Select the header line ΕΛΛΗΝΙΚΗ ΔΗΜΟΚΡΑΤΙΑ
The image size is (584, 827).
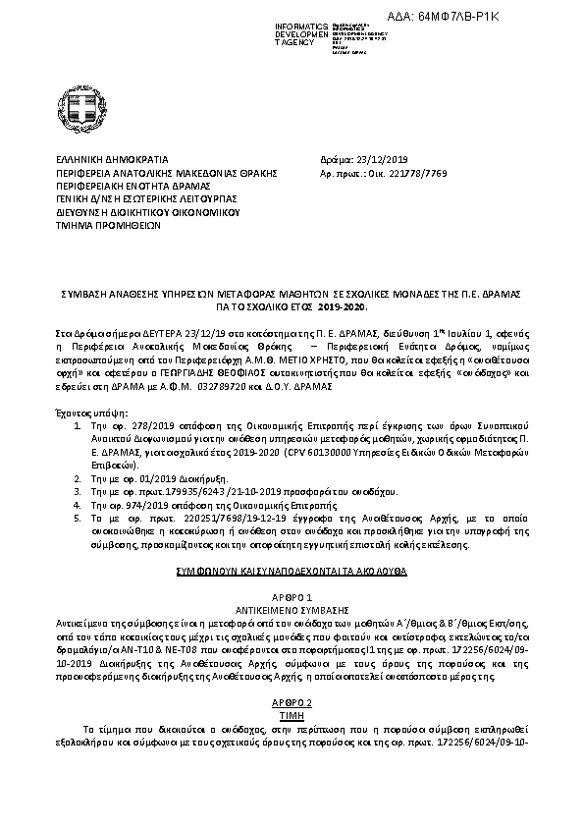tap(112, 158)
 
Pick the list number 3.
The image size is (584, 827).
tap(77, 489)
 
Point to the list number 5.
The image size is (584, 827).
tap(77, 517)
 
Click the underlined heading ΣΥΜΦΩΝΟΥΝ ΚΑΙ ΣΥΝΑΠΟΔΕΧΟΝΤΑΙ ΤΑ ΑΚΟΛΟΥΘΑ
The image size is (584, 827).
tap(292, 570)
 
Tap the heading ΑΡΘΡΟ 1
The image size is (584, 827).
tap(292, 597)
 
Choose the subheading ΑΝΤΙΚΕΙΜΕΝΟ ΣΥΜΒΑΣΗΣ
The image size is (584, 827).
tap(292, 609)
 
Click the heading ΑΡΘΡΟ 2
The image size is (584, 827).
tap(292, 704)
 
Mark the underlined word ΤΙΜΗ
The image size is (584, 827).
tap(292, 717)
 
